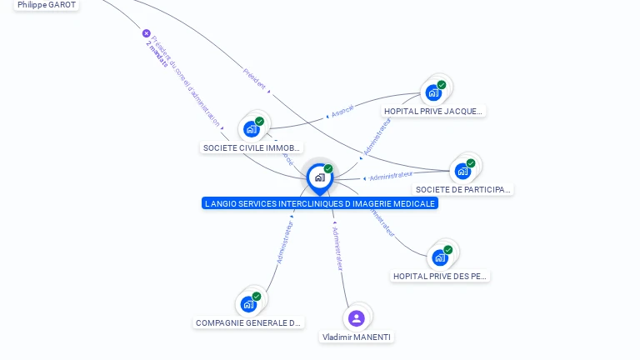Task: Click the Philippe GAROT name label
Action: tap(47, 5)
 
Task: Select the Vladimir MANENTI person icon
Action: tap(357, 317)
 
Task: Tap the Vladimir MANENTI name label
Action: tap(357, 337)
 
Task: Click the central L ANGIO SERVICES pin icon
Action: tap(319, 177)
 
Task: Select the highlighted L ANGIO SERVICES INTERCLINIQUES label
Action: tap(319, 203)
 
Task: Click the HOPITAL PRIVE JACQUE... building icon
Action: tap(433, 92)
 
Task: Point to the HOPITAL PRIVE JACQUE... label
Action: tap(433, 112)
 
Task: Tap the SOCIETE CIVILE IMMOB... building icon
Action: tap(251, 128)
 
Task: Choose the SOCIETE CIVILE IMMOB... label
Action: tap(252, 148)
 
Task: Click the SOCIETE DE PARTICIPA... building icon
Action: tap(462, 171)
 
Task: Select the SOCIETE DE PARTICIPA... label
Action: tap(463, 190)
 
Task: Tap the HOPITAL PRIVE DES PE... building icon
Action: tap(440, 257)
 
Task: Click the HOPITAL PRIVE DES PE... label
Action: tap(440, 277)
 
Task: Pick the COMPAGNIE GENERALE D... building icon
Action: tap(248, 303)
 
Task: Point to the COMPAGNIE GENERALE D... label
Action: tap(248, 323)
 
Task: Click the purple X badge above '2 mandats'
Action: tap(147, 33)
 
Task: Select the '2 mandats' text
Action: tap(156, 53)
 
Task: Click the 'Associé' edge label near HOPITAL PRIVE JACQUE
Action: tap(342, 109)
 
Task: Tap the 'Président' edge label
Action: tap(254, 78)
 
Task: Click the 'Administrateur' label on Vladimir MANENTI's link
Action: tap(337, 248)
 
